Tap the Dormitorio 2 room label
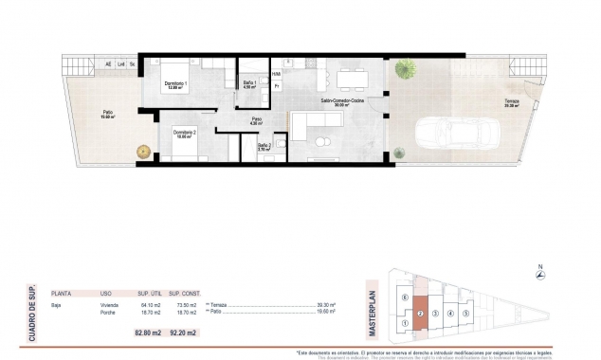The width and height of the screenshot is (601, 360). click(x=185, y=133)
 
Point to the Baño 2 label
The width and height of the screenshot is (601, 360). click(x=264, y=146)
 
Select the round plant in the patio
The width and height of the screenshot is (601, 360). click(x=142, y=150)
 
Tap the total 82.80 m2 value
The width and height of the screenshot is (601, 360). click(x=146, y=333)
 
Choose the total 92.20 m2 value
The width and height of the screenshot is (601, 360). click(x=183, y=333)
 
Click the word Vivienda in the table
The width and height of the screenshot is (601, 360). click(x=110, y=305)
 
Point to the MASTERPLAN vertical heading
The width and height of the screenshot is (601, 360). click(x=372, y=305)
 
